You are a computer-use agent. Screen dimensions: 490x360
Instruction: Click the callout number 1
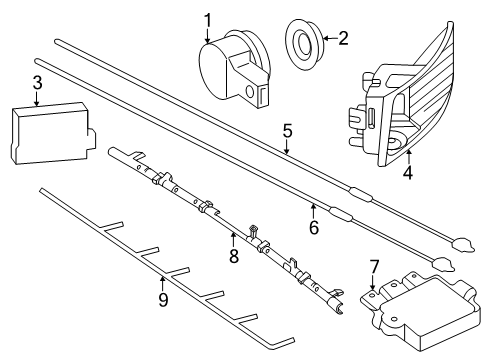208,21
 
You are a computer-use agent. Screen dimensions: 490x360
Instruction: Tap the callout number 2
343,38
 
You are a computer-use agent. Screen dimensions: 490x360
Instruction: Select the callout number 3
38,83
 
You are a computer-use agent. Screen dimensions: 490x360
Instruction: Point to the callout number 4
408,172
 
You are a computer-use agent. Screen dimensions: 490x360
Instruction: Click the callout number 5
287,131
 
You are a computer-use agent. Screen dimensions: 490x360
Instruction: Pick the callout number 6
314,227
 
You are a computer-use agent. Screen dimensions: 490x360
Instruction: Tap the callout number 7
374,267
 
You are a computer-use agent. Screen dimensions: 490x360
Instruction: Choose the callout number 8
234,256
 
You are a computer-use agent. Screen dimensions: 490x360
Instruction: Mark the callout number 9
163,300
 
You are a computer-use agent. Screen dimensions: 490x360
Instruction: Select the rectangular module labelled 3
53,133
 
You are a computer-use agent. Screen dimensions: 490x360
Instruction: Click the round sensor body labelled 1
234,69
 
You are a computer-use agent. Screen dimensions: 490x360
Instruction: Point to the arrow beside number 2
330,38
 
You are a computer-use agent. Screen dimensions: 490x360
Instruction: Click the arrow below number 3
37,99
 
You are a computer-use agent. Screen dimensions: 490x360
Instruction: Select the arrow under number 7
373,282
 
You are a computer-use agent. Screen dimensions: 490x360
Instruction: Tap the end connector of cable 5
463,244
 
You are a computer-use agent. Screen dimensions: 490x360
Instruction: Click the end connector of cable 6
443,263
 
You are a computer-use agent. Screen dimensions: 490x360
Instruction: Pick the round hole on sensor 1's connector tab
249,91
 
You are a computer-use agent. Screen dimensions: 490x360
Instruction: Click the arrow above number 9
162,284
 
